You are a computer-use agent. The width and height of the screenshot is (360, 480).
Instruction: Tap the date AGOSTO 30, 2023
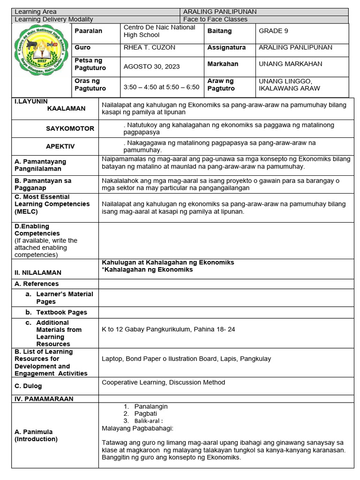tap(151, 67)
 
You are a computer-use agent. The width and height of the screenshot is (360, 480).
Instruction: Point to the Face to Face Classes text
tap(215, 19)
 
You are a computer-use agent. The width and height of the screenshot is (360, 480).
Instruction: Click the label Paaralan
tap(88, 31)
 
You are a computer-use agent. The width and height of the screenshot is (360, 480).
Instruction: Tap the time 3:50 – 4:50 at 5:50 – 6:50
tap(161, 87)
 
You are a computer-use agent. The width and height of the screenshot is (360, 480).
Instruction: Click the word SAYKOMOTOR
tap(70, 128)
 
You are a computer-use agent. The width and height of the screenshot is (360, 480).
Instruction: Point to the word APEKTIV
tap(60, 146)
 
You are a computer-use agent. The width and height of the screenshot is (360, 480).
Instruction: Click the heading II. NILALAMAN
tap(38, 272)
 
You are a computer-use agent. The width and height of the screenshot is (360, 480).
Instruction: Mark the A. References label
tap(37, 284)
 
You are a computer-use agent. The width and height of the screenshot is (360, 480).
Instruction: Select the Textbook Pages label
tap(61, 312)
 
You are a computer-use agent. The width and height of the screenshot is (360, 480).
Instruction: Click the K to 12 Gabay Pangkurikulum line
tap(168, 330)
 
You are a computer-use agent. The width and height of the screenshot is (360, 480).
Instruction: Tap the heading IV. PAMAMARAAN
tap(44, 398)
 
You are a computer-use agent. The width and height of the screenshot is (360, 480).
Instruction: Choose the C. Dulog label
tap(28, 386)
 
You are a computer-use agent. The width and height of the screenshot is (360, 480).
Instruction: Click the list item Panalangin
tap(150, 406)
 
